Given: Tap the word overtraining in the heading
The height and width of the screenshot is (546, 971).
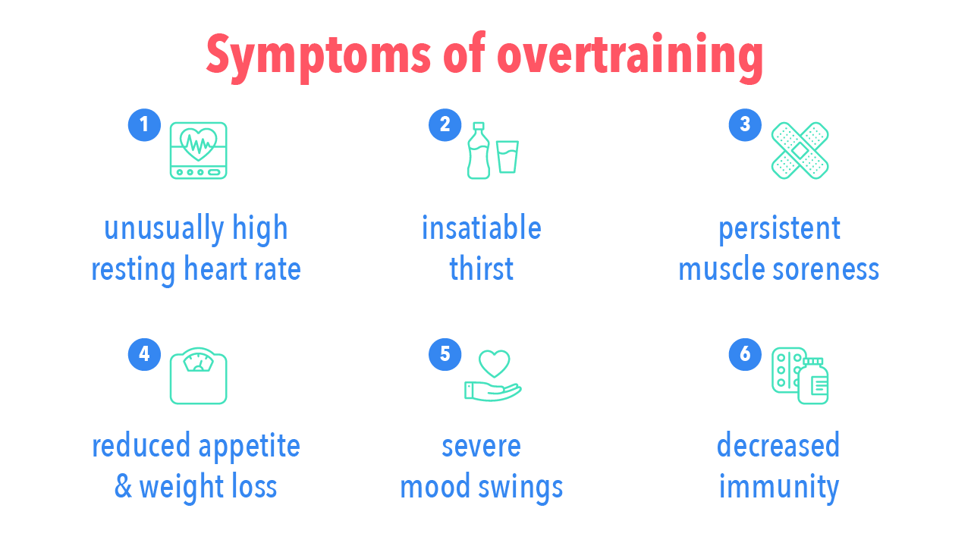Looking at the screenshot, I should [630, 55].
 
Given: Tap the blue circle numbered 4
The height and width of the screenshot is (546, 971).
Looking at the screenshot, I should [144, 354].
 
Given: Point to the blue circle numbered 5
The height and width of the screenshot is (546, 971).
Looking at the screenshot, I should [445, 354].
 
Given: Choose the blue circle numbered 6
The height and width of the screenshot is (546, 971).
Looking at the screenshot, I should [745, 354].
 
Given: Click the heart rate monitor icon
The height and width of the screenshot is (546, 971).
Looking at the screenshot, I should [198, 150].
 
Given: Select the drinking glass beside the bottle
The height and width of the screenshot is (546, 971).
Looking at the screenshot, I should [507, 157].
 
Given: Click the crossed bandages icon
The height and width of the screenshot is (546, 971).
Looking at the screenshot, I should [800, 150].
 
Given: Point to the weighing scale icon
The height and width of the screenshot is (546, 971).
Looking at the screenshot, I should [198, 376].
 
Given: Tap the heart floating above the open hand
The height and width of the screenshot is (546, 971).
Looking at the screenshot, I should [494, 363].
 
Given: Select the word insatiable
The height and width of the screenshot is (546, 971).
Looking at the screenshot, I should [482, 228].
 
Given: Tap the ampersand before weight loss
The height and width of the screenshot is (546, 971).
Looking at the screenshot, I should [123, 487].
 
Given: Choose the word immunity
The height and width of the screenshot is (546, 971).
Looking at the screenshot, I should [778, 487].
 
